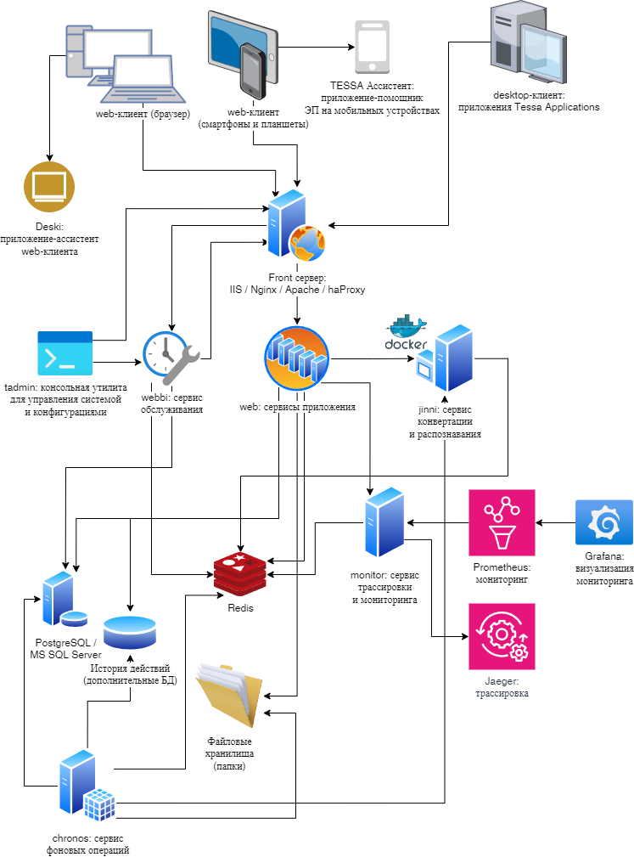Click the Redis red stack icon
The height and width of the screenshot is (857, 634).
pos(240,575)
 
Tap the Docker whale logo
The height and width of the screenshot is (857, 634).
pos(407,332)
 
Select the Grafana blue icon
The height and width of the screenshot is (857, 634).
pos(603,522)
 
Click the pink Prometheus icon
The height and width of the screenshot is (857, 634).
pos(502,522)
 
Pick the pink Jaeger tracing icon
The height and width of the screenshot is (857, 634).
pos(502,636)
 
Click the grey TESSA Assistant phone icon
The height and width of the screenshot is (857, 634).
pos(373,48)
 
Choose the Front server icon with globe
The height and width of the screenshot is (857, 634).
pos(295,227)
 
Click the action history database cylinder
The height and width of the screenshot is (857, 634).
pos(130,634)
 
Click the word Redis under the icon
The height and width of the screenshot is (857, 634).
pos(240,609)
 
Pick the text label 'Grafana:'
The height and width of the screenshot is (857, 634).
pos(603,555)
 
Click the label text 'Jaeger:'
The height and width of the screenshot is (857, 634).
pos(502,681)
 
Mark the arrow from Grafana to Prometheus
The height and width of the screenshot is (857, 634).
pos(555,522)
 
